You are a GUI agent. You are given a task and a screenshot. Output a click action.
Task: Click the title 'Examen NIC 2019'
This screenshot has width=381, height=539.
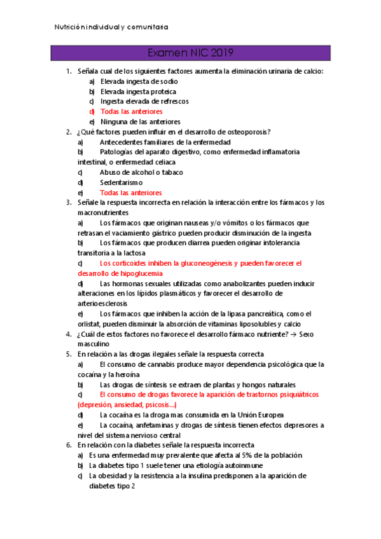pyautogui.click(x=190, y=53)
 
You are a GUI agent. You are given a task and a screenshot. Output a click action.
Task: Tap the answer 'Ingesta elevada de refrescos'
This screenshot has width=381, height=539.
pyautogui.click(x=144, y=101)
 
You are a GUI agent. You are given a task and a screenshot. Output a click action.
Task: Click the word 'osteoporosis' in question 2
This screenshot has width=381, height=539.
pyautogui.click(x=247, y=132)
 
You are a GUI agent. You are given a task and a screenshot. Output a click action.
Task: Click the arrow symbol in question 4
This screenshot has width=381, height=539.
pyautogui.click(x=291, y=334)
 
